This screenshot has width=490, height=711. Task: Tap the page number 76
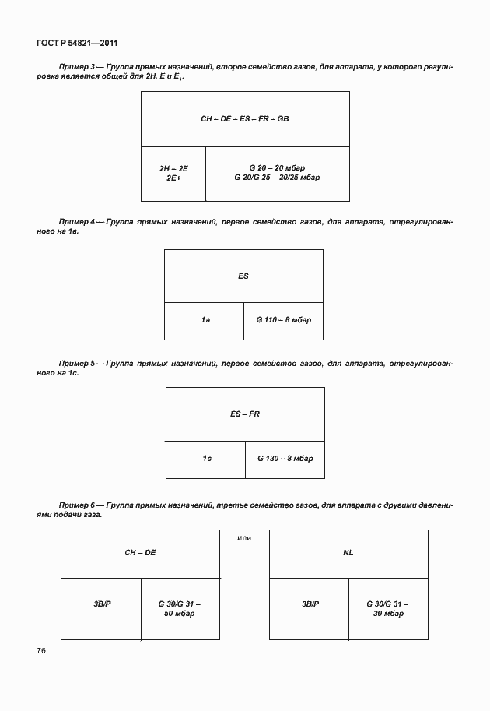[40, 649]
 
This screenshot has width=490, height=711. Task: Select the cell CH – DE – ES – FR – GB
[244, 119]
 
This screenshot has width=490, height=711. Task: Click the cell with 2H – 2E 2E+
[173, 173]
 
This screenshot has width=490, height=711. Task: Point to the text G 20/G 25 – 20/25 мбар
[277, 178]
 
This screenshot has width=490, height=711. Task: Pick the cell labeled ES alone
[243, 276]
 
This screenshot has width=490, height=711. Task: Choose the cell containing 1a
[205, 320]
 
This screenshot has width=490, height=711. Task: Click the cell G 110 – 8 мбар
[283, 320]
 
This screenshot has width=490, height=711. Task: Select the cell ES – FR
[245, 414]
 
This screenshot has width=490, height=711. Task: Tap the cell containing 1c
[207, 459]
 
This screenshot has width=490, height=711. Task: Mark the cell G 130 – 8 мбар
[285, 459]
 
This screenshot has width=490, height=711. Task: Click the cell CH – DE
[140, 553]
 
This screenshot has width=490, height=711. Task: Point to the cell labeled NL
[348, 553]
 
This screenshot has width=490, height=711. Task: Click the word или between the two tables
[243, 537]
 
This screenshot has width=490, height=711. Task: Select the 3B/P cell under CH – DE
[102, 604]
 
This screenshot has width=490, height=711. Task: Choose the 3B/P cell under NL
[310, 604]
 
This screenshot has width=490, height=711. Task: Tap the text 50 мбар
[179, 614]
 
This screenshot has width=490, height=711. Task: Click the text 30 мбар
[387, 614]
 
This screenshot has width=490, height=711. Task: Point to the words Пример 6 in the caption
[76, 505]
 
